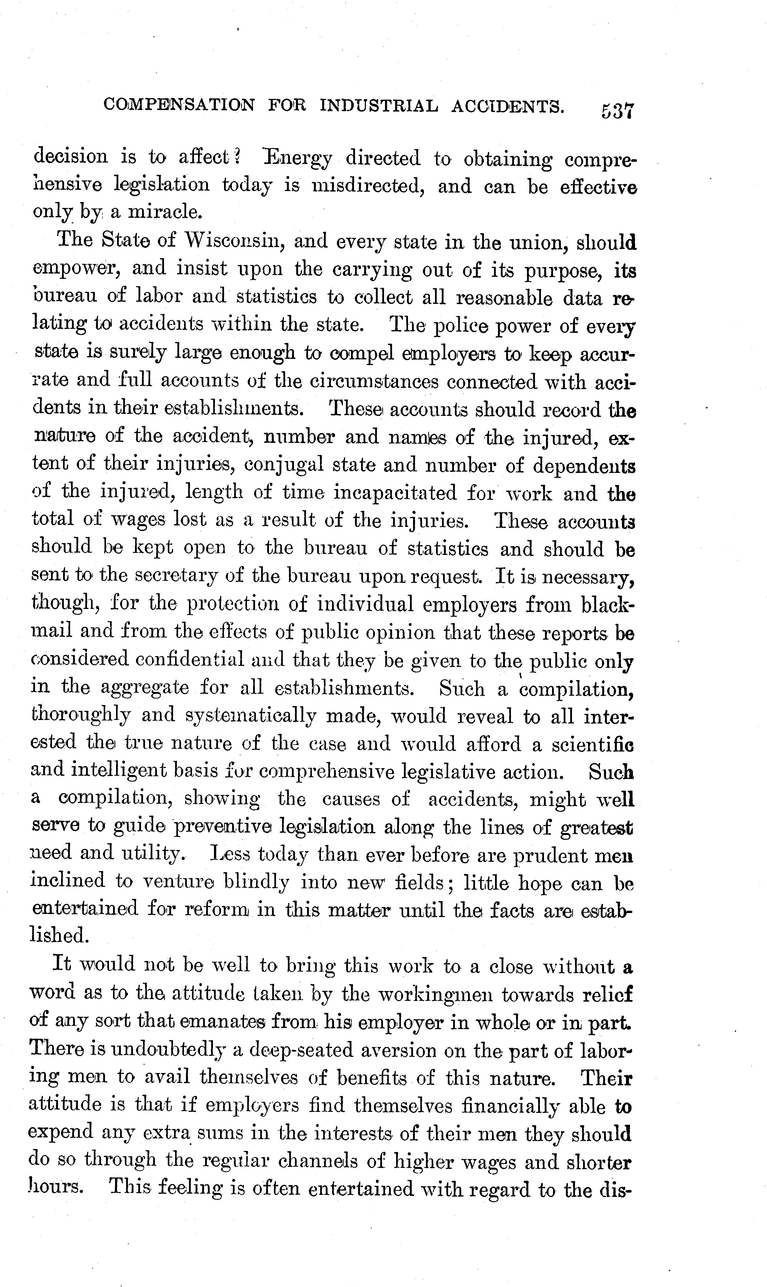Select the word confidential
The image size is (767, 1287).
(190, 659)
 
